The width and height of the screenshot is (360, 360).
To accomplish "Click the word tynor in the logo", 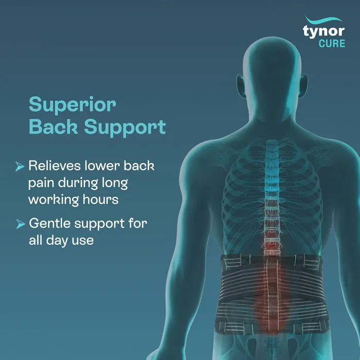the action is coord(323,31).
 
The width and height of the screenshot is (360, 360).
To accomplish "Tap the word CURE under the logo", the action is coord(332,44).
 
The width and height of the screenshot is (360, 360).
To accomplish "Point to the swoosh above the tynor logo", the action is coord(323,20).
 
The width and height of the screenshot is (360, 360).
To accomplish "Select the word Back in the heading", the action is coord(53,127).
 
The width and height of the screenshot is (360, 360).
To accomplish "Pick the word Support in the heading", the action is coord(125,128).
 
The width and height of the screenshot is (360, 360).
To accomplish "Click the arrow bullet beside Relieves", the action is coord(20,167).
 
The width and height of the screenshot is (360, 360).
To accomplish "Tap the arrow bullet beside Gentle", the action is coord(21,224).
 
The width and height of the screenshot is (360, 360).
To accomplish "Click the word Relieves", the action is coord(55,166).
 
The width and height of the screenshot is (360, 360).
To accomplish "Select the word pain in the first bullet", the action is coord(41,184).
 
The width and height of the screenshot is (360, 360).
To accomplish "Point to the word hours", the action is coord(101,199).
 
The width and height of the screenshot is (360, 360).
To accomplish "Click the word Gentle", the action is coord(49,223).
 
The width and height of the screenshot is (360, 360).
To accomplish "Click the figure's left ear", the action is coord(241,85).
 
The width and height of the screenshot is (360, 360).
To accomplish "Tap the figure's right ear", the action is coord(303,85).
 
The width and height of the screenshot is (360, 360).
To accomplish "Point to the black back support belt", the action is coord(273,294).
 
